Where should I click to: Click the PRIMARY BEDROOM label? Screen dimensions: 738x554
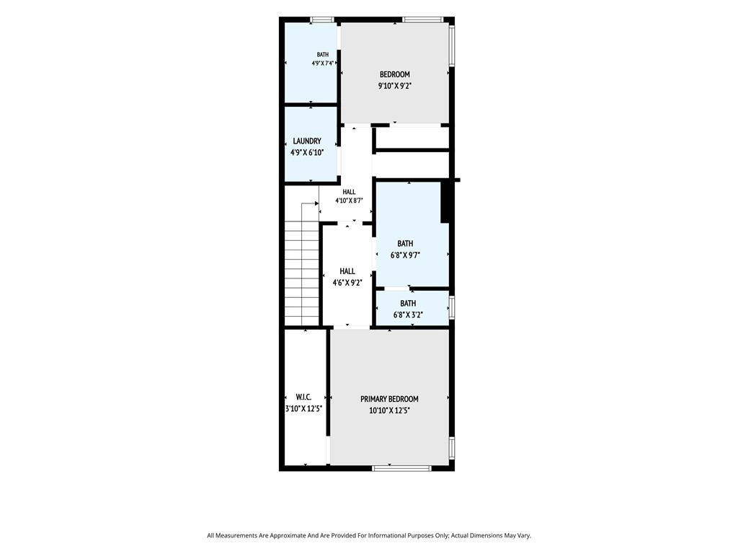(x=389, y=399)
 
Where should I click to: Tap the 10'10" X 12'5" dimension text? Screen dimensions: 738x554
(x=389, y=410)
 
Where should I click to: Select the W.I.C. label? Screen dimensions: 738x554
(x=303, y=397)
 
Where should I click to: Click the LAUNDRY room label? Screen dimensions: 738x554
(x=307, y=141)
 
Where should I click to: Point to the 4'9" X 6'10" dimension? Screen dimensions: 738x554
(x=307, y=153)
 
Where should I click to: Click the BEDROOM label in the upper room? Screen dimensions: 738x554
(x=394, y=74)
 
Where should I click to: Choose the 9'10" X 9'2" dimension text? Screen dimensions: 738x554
(x=395, y=87)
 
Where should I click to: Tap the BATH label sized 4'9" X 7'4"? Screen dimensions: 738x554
(x=322, y=55)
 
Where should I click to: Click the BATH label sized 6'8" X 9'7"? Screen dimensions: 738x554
(x=405, y=244)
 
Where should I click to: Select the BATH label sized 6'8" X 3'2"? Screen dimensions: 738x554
(x=408, y=304)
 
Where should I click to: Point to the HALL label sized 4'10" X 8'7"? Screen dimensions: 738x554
(x=349, y=192)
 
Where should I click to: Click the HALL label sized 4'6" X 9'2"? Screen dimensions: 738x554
(x=347, y=271)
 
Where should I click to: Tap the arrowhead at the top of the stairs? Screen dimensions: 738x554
(x=317, y=204)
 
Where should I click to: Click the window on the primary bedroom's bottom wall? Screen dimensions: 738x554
(x=401, y=467)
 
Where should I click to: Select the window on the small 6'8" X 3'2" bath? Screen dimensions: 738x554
(x=452, y=307)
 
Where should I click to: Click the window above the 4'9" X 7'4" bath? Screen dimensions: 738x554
(x=322, y=19)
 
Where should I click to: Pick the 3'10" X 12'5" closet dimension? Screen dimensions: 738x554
(x=303, y=409)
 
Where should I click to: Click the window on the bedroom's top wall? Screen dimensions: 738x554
(x=422, y=19)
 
